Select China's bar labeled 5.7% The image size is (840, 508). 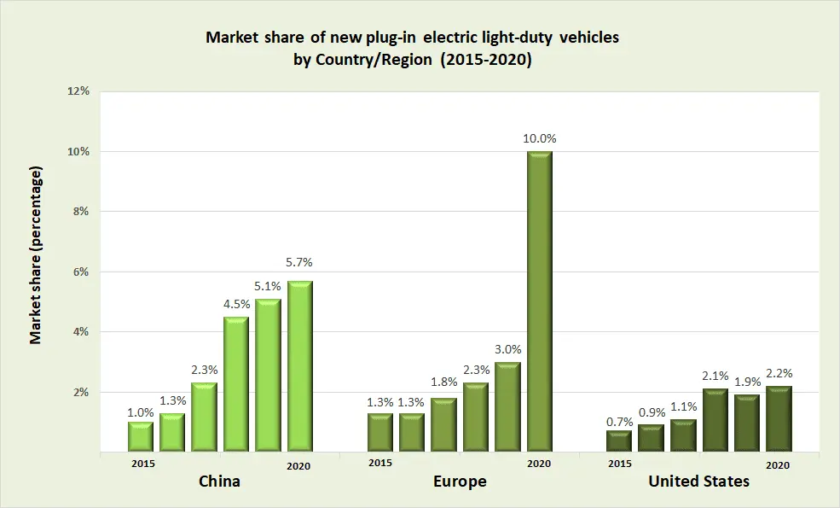tap(300, 366)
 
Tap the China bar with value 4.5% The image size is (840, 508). tap(236, 384)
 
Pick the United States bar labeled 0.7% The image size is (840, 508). tap(619, 441)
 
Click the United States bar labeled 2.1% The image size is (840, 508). tap(715, 421)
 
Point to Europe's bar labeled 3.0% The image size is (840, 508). tap(507, 407)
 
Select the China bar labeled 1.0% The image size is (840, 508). tap(141, 437)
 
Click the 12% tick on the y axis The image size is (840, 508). tap(78, 91)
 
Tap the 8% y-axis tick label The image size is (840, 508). tap(81, 211)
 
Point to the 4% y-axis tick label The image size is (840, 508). tap(81, 332)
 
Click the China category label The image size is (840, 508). tap(219, 482)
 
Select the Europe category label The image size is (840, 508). tap(460, 482)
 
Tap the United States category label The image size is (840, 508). tap(698, 482)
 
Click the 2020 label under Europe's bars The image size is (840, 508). tap(539, 464)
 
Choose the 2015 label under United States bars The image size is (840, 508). tap(620, 464)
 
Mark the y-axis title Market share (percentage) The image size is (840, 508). tap(36, 255)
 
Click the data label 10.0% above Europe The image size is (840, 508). tap(540, 138)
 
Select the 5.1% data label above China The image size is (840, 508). tap(269, 285)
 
